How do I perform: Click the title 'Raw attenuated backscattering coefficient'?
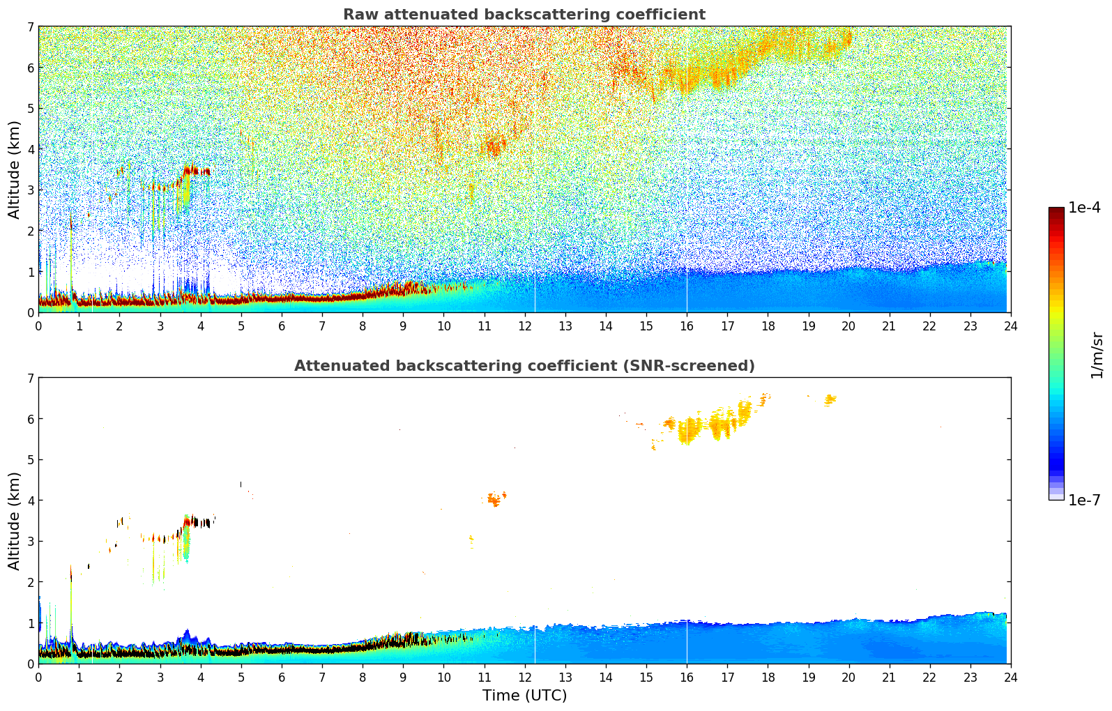coord(524,15)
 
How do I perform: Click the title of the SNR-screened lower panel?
coord(524,366)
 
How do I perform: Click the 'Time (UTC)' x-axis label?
coord(524,696)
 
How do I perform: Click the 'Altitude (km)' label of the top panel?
coord(15,169)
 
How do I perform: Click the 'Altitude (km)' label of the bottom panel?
coord(15,521)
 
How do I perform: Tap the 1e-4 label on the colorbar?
coord(1084,208)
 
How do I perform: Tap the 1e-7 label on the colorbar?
coord(1084,500)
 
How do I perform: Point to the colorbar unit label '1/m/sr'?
coord(1097,355)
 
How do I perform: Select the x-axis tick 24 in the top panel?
coord(1010,326)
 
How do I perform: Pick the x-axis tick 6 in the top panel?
coord(282,326)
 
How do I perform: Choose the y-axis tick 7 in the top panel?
coord(31,27)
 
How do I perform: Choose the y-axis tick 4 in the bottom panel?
coord(31,500)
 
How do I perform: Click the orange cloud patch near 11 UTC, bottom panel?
coord(495,498)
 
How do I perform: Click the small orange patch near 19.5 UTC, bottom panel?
coord(830,399)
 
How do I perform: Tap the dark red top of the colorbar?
coord(1056,211)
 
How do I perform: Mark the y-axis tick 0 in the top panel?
coord(31,313)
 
